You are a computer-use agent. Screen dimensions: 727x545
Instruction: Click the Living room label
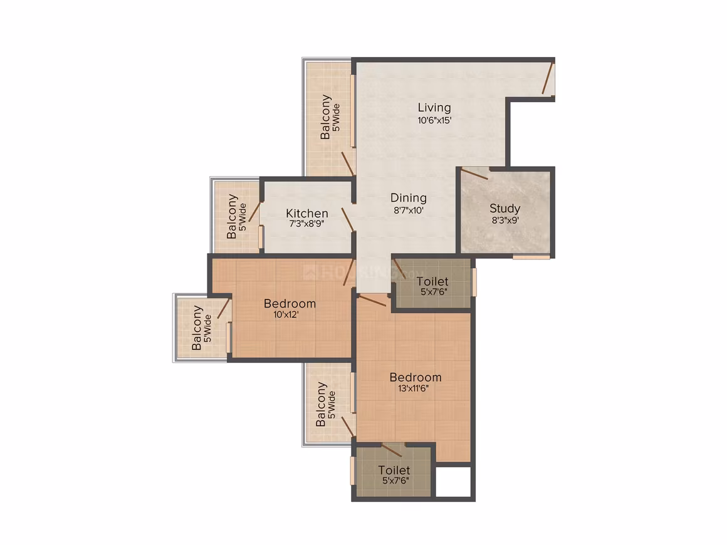point(434,108)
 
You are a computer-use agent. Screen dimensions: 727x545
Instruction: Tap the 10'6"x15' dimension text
point(434,120)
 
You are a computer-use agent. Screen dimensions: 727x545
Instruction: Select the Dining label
point(409,199)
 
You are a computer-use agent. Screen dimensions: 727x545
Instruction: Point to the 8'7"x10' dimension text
point(409,210)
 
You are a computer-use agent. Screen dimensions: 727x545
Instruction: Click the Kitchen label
point(307,213)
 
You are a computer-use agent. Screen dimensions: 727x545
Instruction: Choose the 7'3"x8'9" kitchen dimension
point(306,224)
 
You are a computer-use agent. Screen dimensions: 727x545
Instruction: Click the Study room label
point(505,209)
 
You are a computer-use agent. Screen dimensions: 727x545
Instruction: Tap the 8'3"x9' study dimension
point(505,221)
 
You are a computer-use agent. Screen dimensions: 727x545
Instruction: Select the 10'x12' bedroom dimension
point(286,315)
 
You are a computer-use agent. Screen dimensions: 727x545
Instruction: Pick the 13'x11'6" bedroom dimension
point(413,388)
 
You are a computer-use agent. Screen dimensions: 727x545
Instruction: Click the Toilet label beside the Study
point(432,281)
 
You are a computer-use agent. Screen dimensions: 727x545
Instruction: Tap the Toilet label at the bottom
point(394,470)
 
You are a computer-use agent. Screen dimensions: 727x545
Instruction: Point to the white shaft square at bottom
point(454,482)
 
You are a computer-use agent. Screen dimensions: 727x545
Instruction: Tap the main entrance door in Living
point(548,79)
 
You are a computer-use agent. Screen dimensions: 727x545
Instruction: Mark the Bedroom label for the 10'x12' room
point(290,304)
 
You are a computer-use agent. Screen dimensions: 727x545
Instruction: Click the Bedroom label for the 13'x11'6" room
point(416,377)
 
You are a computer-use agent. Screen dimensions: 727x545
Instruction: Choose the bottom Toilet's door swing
point(392,450)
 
